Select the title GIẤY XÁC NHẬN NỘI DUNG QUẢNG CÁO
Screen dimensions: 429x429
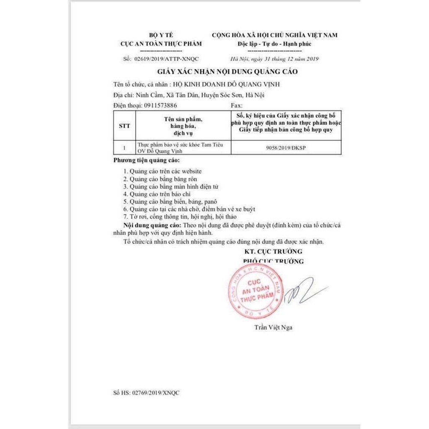click(227, 72)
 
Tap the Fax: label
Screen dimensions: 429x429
click(237, 106)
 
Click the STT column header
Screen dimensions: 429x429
click(124, 125)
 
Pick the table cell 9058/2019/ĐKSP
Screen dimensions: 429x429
click(286, 147)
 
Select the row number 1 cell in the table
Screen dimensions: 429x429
click(124, 147)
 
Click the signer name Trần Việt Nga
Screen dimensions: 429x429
click(273, 327)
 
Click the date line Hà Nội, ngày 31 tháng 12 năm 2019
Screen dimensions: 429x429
click(274, 59)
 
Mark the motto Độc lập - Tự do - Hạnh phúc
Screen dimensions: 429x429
click(274, 44)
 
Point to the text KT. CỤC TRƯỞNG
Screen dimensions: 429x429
click(273, 251)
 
